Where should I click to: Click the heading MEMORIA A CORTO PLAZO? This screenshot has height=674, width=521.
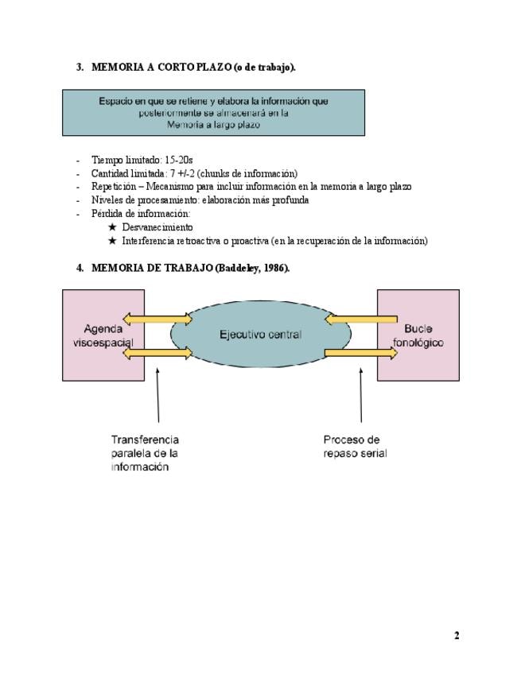[x=193, y=68]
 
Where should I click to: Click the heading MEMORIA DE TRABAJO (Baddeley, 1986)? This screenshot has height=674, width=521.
[x=190, y=268]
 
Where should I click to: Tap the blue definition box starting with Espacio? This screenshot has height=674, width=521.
[x=213, y=112]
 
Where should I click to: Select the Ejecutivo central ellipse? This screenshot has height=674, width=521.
[x=260, y=335]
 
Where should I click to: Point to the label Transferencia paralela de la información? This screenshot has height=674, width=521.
[x=145, y=453]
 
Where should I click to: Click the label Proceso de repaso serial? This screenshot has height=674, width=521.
[x=355, y=446]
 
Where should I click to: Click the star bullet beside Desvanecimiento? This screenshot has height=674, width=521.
[x=112, y=227]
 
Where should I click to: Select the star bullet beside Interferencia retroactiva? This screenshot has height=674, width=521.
[x=112, y=241]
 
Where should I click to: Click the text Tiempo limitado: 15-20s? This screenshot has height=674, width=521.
[x=142, y=160]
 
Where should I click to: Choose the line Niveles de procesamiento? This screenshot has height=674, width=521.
[x=200, y=200]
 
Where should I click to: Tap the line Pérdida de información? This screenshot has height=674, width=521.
[x=141, y=214]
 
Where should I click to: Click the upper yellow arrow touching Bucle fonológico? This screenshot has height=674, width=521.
[x=360, y=320]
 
